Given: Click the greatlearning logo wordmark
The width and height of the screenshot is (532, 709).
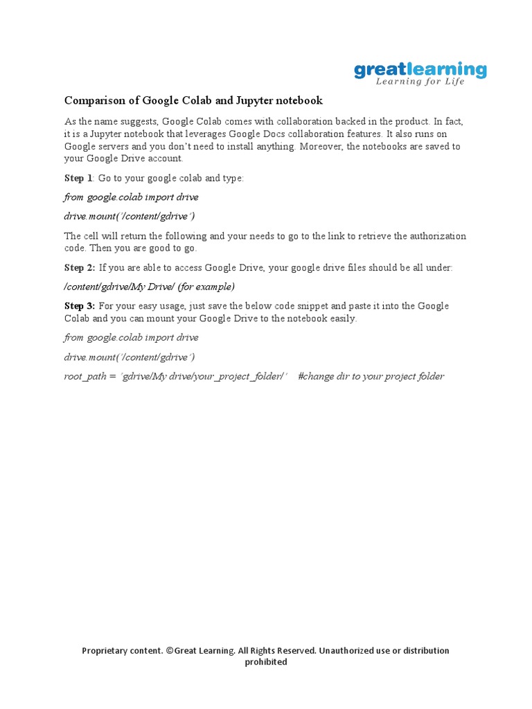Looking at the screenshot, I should (x=420, y=69).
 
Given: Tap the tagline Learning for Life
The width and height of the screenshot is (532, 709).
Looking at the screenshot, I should (x=420, y=82).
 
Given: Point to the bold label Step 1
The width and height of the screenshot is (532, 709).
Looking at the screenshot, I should (x=78, y=179).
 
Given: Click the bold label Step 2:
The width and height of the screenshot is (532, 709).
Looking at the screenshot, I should (x=80, y=267).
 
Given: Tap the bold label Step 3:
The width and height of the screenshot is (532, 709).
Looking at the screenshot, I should (x=80, y=306).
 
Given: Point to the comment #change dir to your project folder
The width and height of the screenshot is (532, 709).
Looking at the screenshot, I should (x=371, y=377).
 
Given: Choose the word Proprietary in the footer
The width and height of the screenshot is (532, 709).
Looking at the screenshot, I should (x=107, y=651).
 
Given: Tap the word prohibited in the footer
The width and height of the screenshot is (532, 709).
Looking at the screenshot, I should (x=266, y=662).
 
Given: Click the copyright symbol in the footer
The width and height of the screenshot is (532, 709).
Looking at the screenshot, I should (x=170, y=651).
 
